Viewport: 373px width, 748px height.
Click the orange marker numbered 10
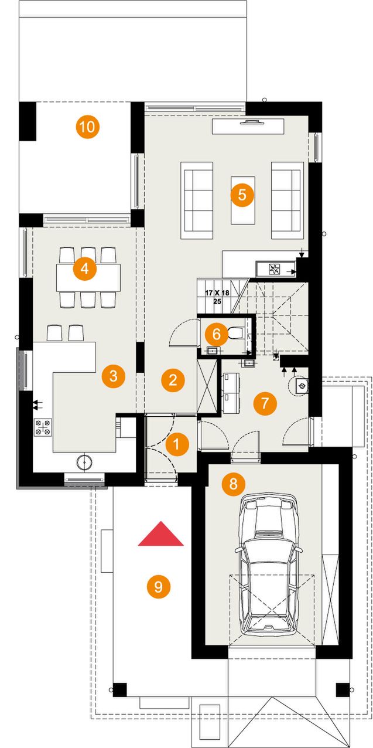point(87,127)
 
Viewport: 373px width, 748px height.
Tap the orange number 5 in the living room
point(242,195)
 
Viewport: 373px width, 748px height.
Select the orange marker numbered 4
point(85,268)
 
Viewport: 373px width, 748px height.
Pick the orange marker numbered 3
point(114,376)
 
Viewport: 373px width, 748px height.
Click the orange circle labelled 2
point(173,380)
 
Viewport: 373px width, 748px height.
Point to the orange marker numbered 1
point(176,444)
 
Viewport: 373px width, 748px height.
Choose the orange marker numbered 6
point(216,334)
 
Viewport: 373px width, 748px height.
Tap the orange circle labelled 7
point(265,403)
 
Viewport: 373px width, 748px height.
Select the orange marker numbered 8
point(233,483)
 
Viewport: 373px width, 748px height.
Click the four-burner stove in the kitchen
point(43,427)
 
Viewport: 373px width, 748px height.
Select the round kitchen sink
point(85,462)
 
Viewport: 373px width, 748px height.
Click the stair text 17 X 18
point(217,293)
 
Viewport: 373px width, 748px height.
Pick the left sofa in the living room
point(197,200)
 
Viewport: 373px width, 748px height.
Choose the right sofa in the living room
point(288,200)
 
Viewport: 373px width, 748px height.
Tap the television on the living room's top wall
point(250,122)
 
